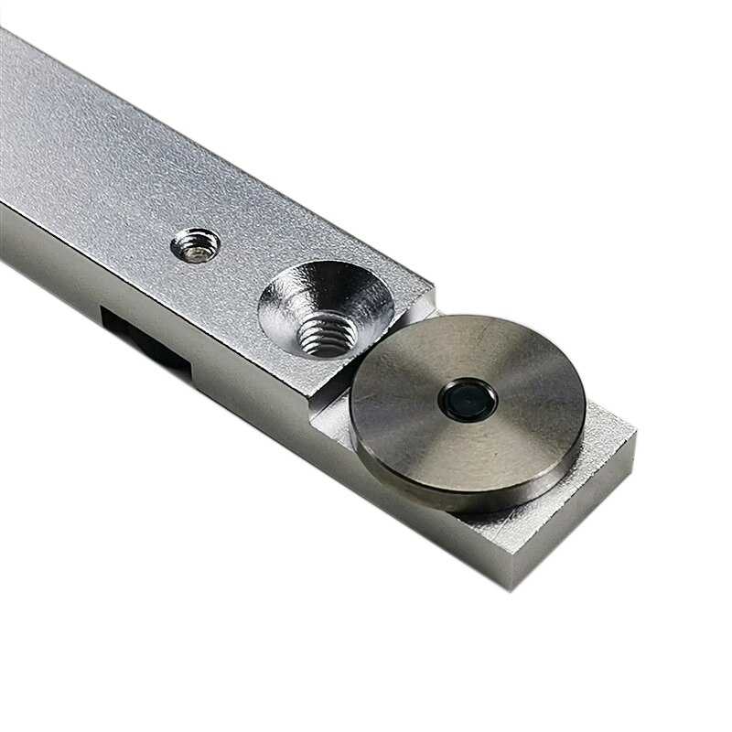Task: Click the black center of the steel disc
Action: tap(468, 399)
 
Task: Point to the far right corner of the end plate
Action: tap(634, 437)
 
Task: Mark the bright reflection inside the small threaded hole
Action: tap(195, 249)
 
